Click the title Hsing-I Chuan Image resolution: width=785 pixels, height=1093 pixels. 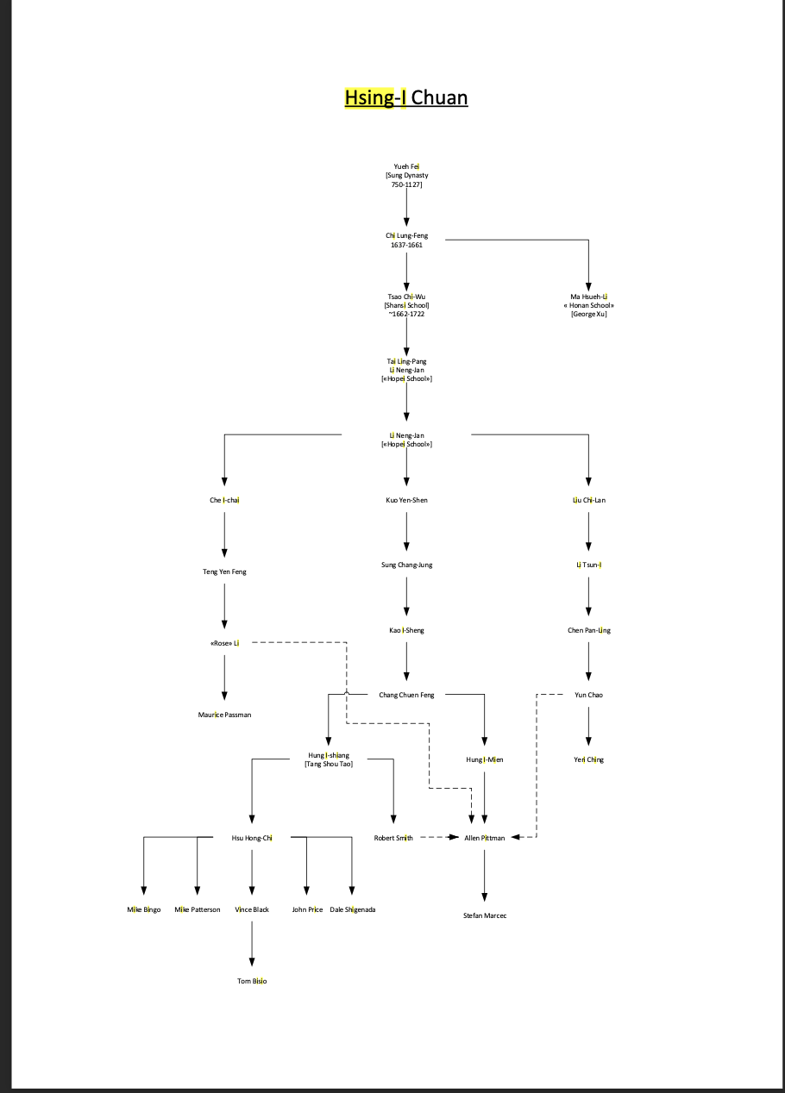[x=406, y=97]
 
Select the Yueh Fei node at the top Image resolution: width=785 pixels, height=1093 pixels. [x=406, y=176]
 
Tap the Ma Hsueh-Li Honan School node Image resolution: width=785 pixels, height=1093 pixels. [x=588, y=305]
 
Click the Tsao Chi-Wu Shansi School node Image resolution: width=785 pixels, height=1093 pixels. [x=406, y=305]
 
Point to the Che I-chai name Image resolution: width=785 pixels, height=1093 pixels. [x=224, y=500]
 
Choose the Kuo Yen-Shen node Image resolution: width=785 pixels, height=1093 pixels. [x=406, y=500]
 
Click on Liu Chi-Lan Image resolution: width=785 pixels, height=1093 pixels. [x=588, y=500]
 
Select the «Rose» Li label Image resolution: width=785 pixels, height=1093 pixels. [x=224, y=643]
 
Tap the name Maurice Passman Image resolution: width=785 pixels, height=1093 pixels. [x=224, y=715]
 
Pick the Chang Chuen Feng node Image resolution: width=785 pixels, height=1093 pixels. [x=406, y=695]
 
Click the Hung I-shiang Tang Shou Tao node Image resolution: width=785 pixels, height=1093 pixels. [x=329, y=759]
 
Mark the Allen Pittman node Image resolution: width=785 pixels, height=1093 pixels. [x=484, y=838]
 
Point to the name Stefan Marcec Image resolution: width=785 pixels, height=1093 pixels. [x=485, y=915]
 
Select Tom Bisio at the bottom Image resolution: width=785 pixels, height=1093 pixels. [x=252, y=981]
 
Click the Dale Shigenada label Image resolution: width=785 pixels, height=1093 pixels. [x=353, y=909]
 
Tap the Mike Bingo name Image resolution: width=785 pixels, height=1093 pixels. [x=143, y=909]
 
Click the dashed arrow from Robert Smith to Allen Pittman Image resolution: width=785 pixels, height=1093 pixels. [x=440, y=837]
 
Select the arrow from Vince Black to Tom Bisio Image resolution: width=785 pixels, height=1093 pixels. [x=252, y=944]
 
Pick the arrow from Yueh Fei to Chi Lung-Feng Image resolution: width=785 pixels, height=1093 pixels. [x=406, y=208]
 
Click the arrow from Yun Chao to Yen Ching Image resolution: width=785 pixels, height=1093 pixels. [x=588, y=726]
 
